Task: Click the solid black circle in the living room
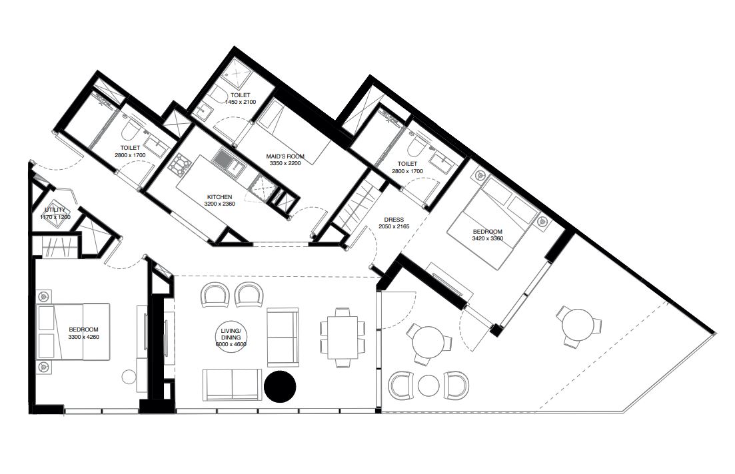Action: (x=280, y=386)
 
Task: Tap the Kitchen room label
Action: (x=219, y=197)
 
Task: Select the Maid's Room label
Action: (x=285, y=156)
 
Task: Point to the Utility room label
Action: (x=55, y=210)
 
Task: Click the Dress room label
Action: (x=394, y=220)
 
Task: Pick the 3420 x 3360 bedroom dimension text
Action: (x=488, y=238)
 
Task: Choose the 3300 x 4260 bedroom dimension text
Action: (x=83, y=337)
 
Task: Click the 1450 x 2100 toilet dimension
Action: (x=241, y=102)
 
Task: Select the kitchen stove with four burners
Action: (x=181, y=163)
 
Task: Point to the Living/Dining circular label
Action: (x=231, y=338)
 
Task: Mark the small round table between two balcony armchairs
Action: (x=429, y=385)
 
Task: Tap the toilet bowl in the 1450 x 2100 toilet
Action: (x=217, y=95)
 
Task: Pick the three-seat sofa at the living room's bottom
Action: (x=232, y=385)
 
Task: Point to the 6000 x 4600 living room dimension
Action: (x=231, y=344)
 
